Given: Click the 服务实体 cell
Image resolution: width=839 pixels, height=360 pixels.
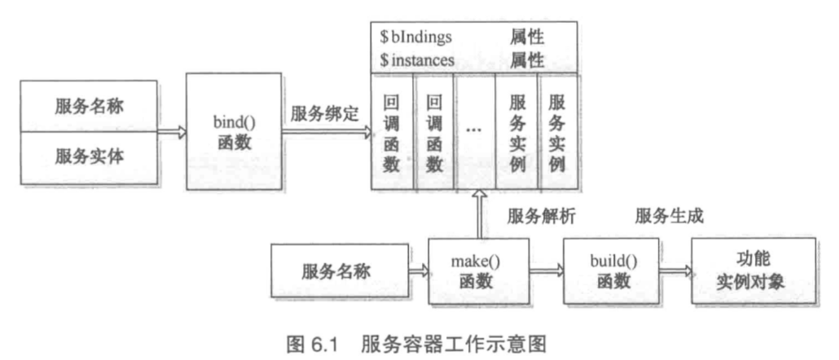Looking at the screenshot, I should click(90, 155).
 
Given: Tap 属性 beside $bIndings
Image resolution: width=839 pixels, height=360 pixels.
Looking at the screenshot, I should click(527, 37).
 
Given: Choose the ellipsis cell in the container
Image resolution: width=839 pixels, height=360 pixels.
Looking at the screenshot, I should click(476, 130).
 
